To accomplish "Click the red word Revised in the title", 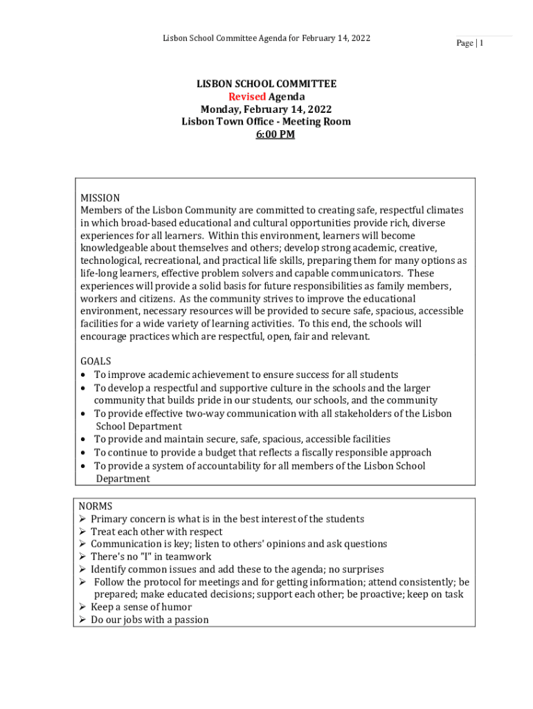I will (x=247, y=97).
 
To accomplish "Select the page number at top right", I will (x=469, y=44).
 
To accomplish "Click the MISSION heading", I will (x=100, y=198).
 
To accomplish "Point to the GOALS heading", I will (x=96, y=361).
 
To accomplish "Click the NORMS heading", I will (x=96, y=506).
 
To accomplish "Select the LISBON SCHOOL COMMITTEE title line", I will (x=266, y=84).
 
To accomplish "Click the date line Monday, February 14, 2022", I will (x=266, y=109).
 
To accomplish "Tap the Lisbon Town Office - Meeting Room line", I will (x=266, y=122).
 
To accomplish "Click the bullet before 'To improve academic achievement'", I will (x=83, y=375).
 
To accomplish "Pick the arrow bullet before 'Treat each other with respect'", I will (x=82, y=532).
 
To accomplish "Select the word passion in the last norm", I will (x=190, y=620).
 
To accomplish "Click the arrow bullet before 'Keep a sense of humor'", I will (x=82, y=607).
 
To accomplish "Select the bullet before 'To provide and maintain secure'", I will (x=83, y=440).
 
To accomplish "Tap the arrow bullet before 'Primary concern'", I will (x=82, y=519).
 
